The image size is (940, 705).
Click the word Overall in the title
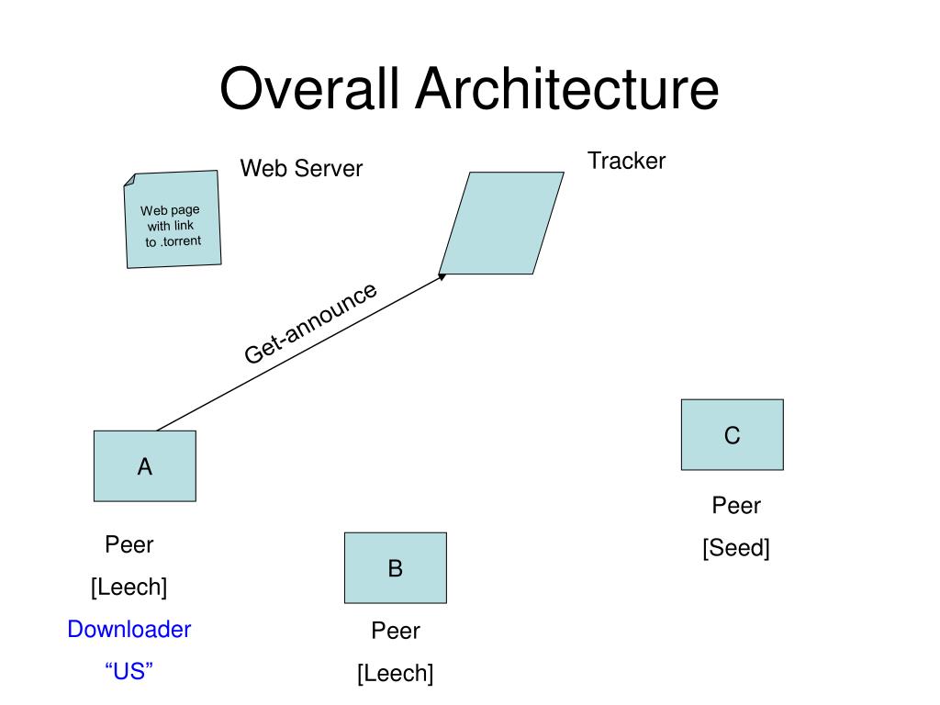(x=309, y=89)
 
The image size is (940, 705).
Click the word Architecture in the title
(x=567, y=89)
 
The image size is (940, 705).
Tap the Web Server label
(x=301, y=169)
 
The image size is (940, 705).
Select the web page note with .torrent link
(x=173, y=219)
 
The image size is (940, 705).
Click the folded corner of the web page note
(x=129, y=180)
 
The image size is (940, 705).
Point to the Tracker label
(x=626, y=161)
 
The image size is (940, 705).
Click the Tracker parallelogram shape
(x=501, y=223)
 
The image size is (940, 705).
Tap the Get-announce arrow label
(x=310, y=322)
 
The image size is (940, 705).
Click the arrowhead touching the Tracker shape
(x=442, y=276)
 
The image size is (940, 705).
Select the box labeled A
(x=145, y=465)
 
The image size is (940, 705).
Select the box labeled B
(x=396, y=567)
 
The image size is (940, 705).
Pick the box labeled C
(x=733, y=434)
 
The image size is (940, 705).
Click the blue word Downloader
(x=129, y=630)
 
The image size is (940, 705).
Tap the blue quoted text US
(x=129, y=671)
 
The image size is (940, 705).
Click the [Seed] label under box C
(x=736, y=548)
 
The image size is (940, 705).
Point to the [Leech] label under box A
(x=129, y=587)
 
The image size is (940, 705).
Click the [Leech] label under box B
(x=396, y=673)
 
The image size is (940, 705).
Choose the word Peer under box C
(x=736, y=506)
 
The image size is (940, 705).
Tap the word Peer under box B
(x=396, y=631)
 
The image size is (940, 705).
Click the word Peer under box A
(x=129, y=544)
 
